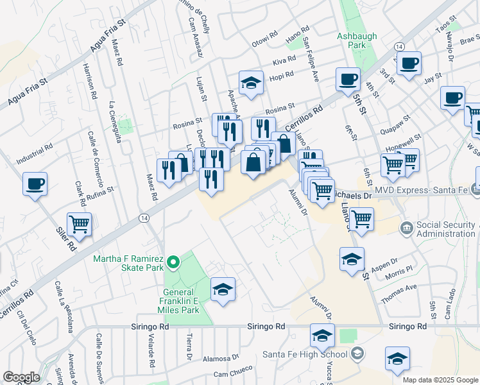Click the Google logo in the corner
pos(21,377)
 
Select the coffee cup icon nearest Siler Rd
pos(35,184)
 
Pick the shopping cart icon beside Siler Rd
pos(80,224)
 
